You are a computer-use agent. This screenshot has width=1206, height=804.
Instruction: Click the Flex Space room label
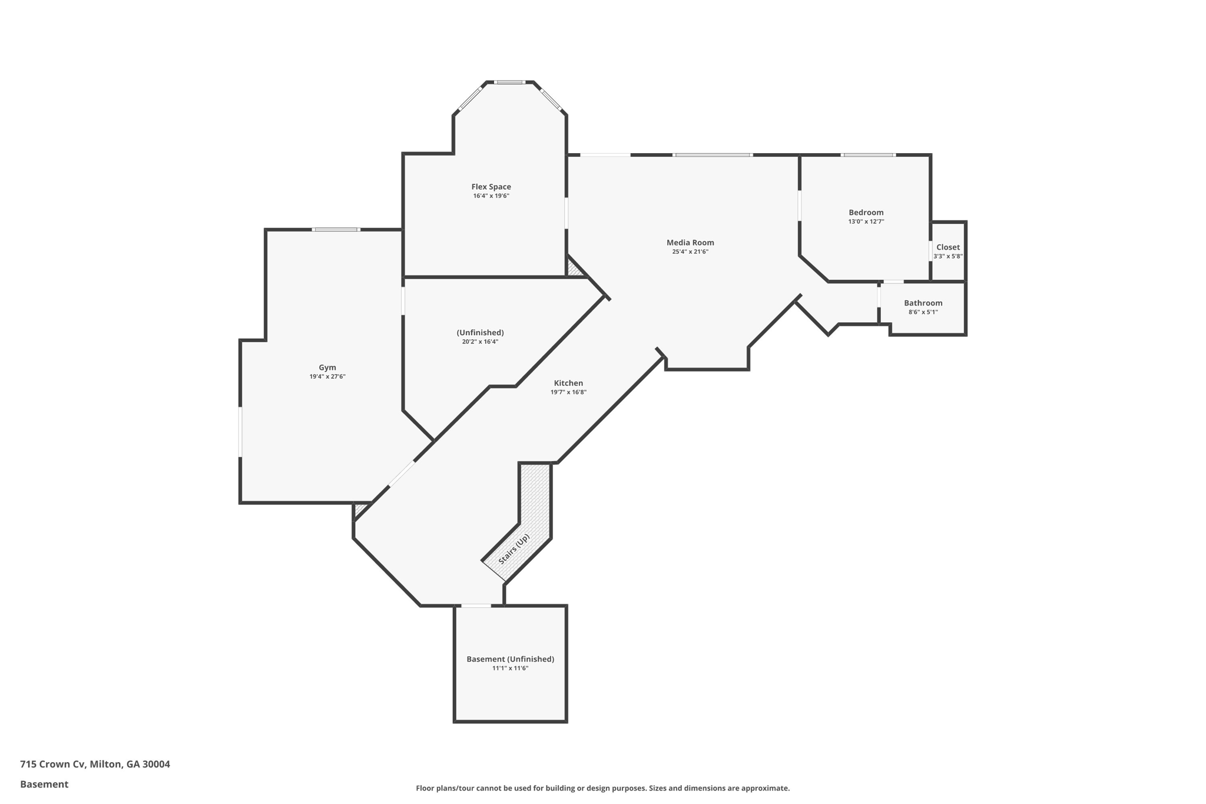[491, 187]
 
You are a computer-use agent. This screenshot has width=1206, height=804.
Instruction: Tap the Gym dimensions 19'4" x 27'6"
[327, 376]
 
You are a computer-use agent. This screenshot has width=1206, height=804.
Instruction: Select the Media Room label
[690, 242]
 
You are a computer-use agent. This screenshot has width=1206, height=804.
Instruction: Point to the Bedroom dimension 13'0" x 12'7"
[866, 221]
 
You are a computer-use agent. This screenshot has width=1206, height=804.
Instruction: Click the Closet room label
[947, 247]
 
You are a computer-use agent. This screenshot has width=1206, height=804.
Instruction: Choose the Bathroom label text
[923, 303]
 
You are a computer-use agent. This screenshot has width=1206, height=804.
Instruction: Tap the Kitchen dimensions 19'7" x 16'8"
[568, 392]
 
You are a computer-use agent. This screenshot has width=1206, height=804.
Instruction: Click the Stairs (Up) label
[514, 549]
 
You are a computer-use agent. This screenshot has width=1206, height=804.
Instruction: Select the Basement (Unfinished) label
[510, 659]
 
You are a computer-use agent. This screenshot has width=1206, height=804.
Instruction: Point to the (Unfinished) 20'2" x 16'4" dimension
[480, 342]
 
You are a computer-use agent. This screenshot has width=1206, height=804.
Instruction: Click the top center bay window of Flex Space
[509, 82]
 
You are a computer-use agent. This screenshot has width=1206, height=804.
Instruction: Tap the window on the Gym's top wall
[336, 229]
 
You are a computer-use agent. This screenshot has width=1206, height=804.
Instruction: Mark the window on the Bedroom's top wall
[868, 155]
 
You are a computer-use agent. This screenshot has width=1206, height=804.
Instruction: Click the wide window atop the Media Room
[713, 155]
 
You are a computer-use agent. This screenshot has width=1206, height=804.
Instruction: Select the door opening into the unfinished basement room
[476, 606]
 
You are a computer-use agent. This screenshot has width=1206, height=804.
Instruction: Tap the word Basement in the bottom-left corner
[44, 784]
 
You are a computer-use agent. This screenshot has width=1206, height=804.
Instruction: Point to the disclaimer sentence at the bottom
[602, 788]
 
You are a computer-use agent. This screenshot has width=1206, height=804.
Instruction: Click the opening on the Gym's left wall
[240, 431]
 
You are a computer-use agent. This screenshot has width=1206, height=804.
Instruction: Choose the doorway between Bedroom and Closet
[930, 250]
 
